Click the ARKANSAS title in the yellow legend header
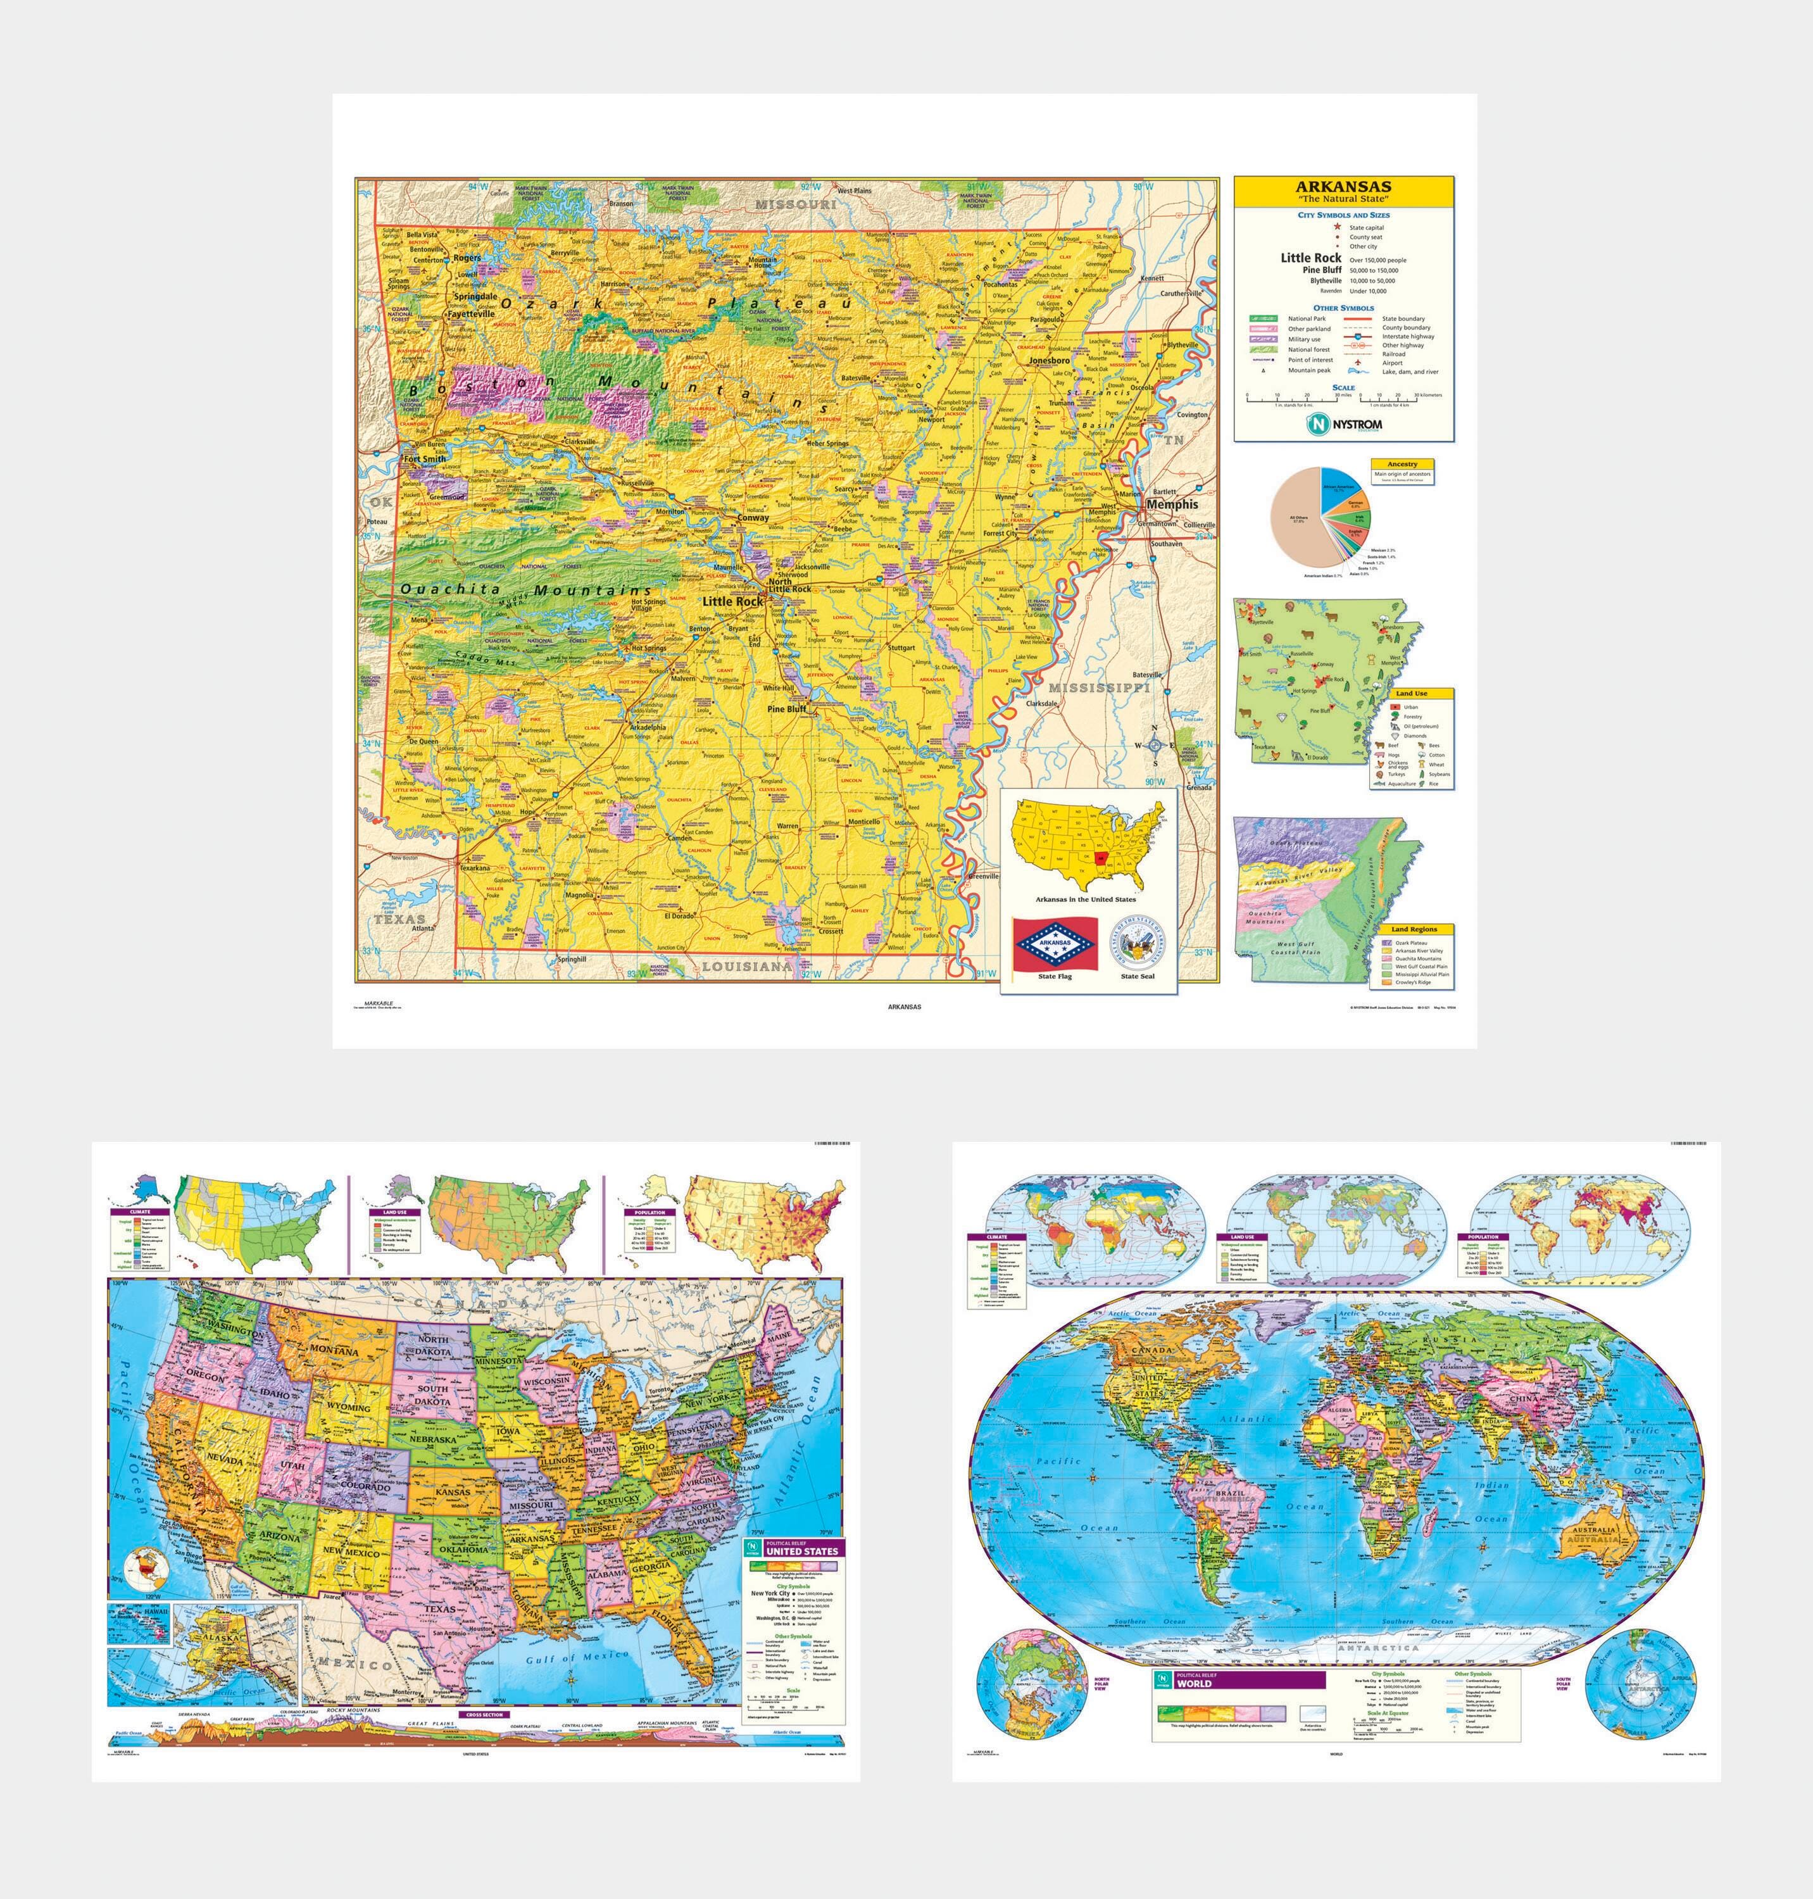[x=1343, y=187]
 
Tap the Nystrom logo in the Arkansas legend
[x=1343, y=424]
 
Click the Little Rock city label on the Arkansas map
[x=732, y=601]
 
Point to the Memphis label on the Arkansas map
[x=1171, y=503]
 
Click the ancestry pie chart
[x=1315, y=517]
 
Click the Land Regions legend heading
[x=1413, y=929]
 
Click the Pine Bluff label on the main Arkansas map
[x=786, y=708]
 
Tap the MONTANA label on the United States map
[x=334, y=1351]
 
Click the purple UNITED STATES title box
[x=800, y=1550]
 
